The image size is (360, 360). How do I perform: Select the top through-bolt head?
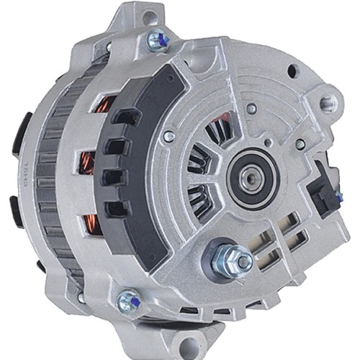coord(156,40)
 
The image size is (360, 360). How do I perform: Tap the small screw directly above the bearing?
coord(251,109)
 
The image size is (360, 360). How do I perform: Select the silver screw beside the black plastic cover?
coord(168,135)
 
